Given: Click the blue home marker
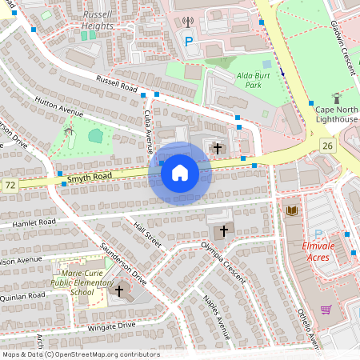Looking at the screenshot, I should tap(179, 172).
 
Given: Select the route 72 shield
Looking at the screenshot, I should tap(10, 185).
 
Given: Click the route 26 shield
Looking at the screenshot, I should tap(326, 145).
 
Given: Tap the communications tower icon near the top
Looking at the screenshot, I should tap(188, 23).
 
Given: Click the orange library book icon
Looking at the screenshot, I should tap(292, 210).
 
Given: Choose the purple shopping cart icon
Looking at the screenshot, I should tap(326, 309).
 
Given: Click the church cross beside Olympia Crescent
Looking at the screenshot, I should tap(223, 230).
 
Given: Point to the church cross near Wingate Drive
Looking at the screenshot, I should tap(120, 290).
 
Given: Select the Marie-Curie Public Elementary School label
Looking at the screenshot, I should tap(77, 282).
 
